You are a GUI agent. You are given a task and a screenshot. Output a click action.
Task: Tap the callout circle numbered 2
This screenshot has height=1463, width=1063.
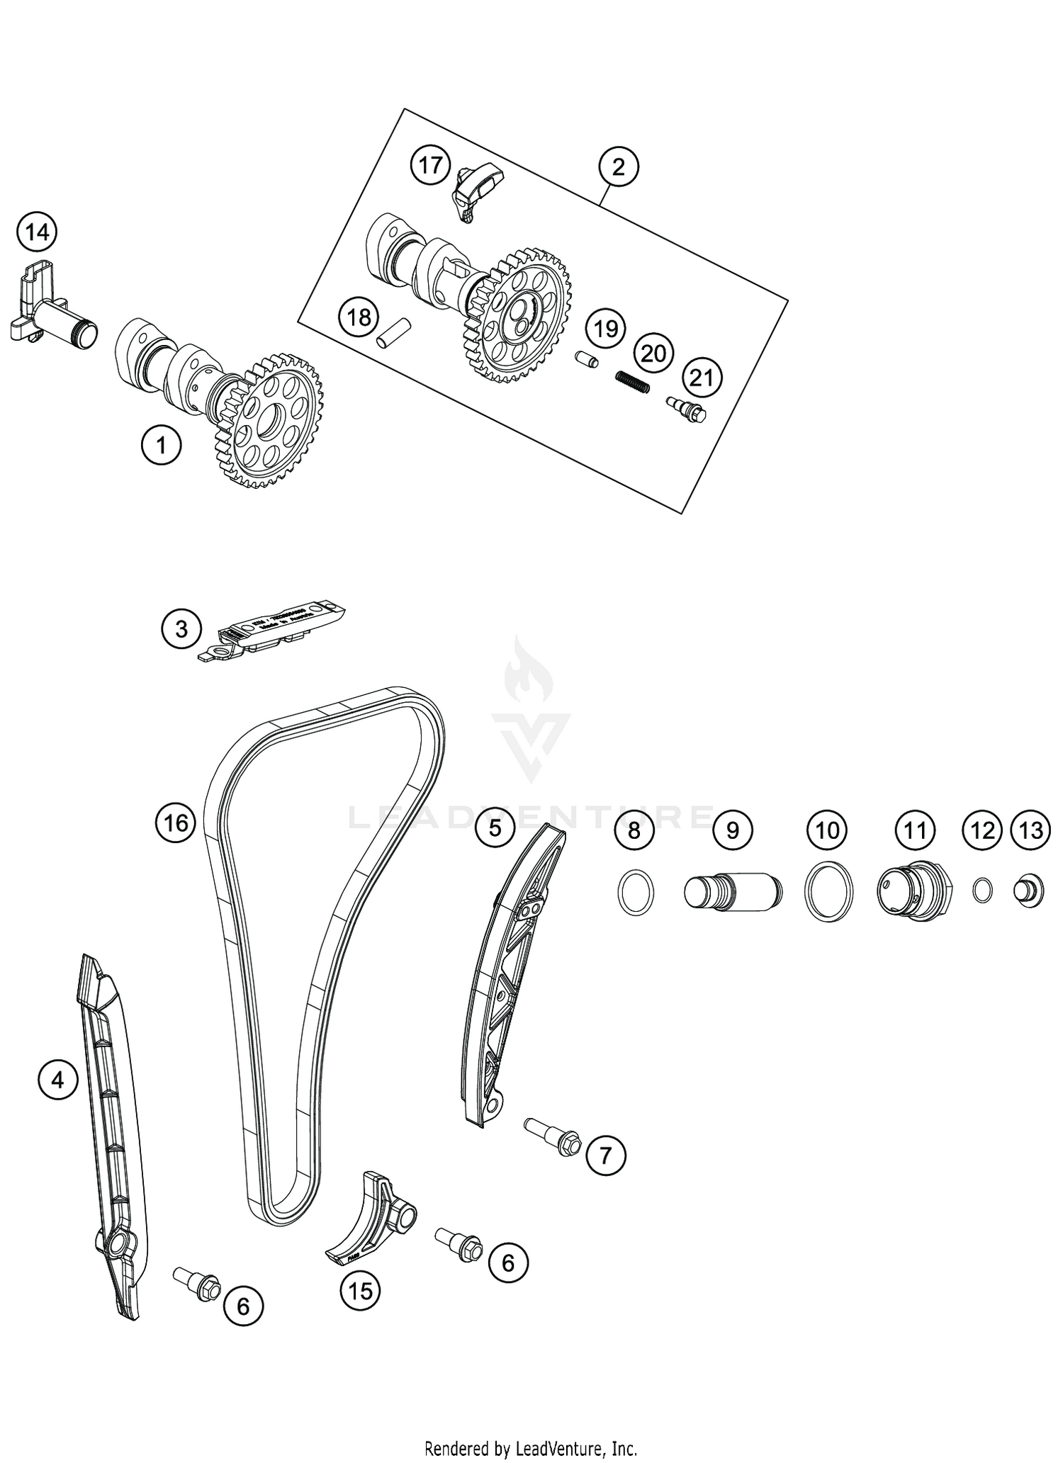[x=619, y=167]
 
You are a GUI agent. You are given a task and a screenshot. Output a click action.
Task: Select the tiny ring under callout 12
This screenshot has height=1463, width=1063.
[x=982, y=891]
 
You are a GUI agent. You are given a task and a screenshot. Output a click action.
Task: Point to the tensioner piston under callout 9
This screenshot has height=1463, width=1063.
[x=732, y=892]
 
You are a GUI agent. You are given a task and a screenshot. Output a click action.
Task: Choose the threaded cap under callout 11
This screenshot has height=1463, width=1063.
[x=913, y=891]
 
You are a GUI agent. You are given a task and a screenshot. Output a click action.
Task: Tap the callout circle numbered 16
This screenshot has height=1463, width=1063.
[x=176, y=823]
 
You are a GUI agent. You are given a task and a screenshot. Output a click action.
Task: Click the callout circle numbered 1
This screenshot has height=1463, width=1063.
[x=161, y=446]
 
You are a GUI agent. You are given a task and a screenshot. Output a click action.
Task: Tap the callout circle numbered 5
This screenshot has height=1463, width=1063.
[x=495, y=827]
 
